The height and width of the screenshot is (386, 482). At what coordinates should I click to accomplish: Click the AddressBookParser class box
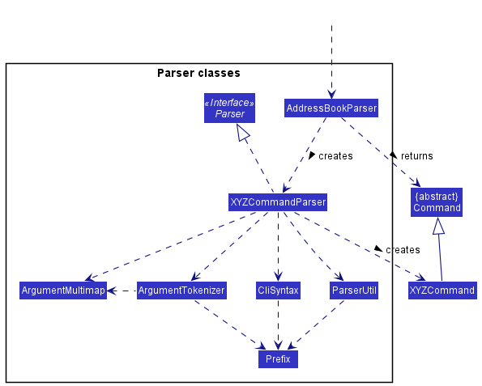click(x=331, y=108)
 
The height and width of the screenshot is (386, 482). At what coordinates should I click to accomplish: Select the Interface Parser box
click(x=229, y=108)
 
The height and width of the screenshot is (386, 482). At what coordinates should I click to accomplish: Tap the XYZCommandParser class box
click(x=278, y=202)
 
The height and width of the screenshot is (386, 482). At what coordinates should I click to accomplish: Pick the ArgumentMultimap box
click(x=63, y=291)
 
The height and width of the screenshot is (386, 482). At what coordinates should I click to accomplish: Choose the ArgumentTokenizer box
click(x=181, y=291)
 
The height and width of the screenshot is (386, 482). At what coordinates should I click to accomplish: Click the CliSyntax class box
click(x=278, y=291)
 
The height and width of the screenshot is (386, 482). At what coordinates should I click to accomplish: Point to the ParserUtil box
click(x=354, y=291)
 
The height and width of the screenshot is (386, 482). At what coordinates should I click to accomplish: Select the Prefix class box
click(x=278, y=359)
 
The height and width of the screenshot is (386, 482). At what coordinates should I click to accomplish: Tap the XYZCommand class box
click(x=442, y=291)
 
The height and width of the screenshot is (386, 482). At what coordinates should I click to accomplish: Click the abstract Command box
click(x=437, y=202)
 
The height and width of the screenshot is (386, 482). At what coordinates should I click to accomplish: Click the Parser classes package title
click(x=198, y=73)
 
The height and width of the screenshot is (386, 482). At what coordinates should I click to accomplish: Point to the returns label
click(x=417, y=156)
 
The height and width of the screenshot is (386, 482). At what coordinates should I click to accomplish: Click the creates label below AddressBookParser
click(x=335, y=156)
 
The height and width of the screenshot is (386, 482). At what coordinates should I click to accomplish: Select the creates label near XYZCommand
click(x=403, y=250)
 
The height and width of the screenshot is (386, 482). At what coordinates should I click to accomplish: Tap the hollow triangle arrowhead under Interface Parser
click(x=243, y=133)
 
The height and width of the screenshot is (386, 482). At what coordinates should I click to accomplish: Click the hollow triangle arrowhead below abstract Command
click(x=438, y=226)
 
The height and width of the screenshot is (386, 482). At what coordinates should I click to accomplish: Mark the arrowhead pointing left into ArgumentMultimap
click(x=112, y=291)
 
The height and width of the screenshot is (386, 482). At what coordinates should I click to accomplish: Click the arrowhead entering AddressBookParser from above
click(x=331, y=94)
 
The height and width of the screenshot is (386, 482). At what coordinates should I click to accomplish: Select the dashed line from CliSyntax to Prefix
click(x=278, y=324)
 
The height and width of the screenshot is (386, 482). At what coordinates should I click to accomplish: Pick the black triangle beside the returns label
click(x=393, y=155)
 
